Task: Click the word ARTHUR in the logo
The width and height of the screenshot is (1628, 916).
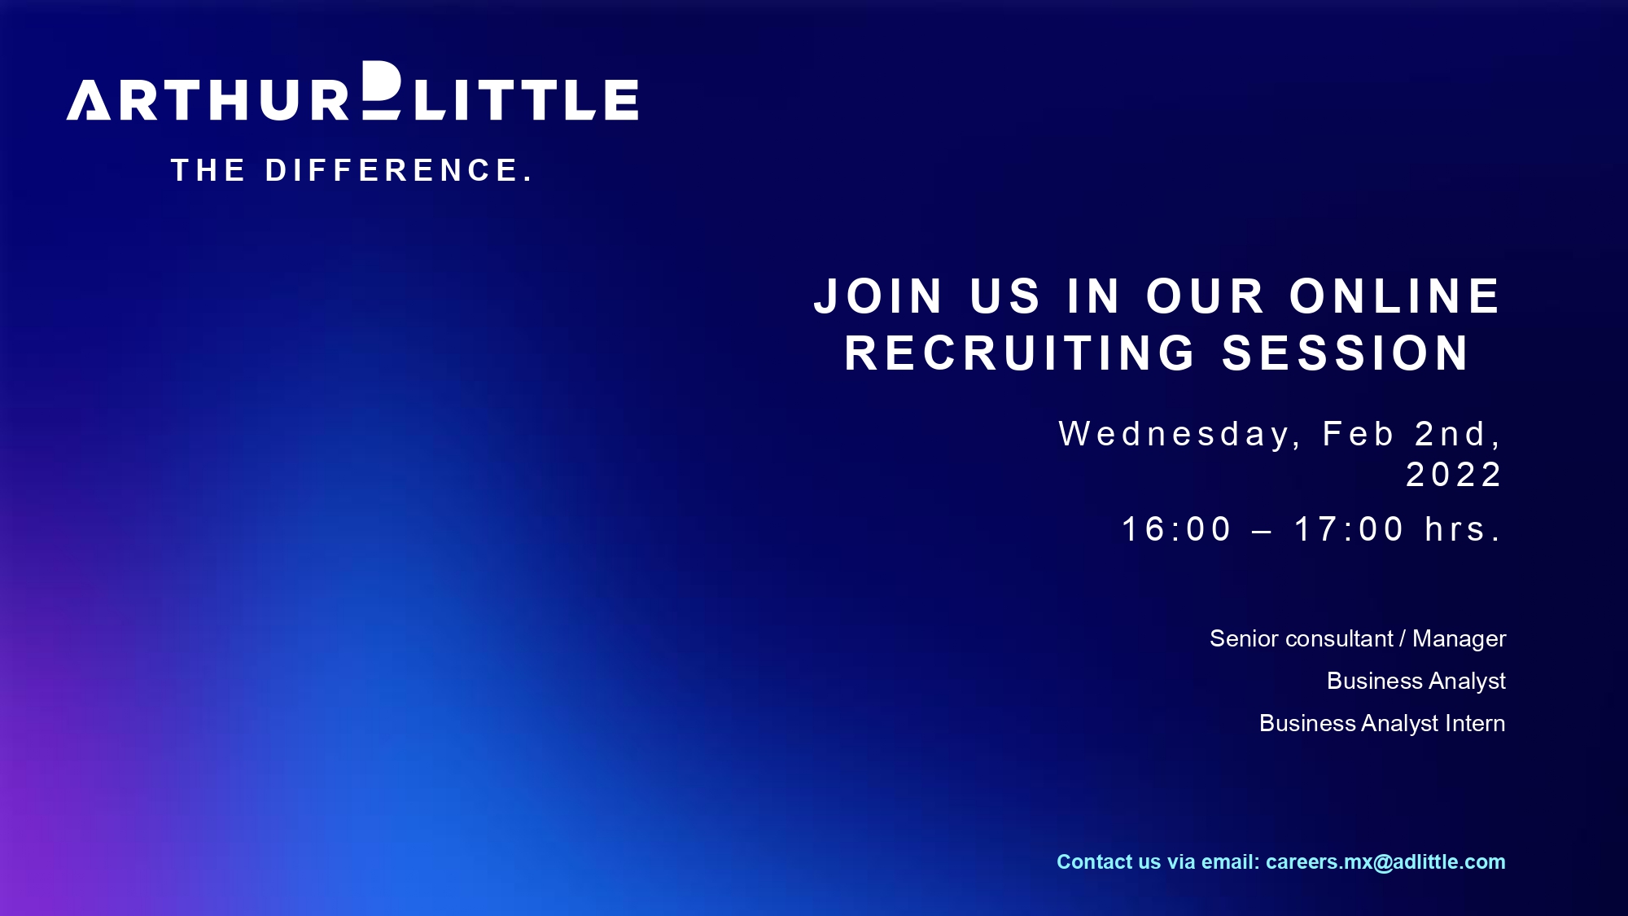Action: (x=208, y=99)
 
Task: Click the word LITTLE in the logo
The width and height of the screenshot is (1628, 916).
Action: (x=527, y=99)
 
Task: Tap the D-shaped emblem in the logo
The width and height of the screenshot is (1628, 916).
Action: (x=382, y=90)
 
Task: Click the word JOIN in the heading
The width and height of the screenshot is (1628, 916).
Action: (x=879, y=296)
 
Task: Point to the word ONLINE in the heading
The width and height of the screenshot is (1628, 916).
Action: (x=1395, y=296)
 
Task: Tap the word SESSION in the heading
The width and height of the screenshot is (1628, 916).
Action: (x=1346, y=353)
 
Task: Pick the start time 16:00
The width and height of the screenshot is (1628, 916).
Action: (x=1177, y=529)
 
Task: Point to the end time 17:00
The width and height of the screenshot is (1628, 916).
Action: (x=1350, y=529)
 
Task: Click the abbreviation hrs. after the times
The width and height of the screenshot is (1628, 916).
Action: (x=1463, y=529)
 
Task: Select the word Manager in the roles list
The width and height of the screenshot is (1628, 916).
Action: (x=1460, y=639)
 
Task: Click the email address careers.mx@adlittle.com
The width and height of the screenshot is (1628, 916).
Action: (x=1385, y=862)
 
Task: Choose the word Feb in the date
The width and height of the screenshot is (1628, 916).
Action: (x=1359, y=434)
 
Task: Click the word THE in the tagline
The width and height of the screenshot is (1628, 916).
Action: (x=208, y=170)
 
